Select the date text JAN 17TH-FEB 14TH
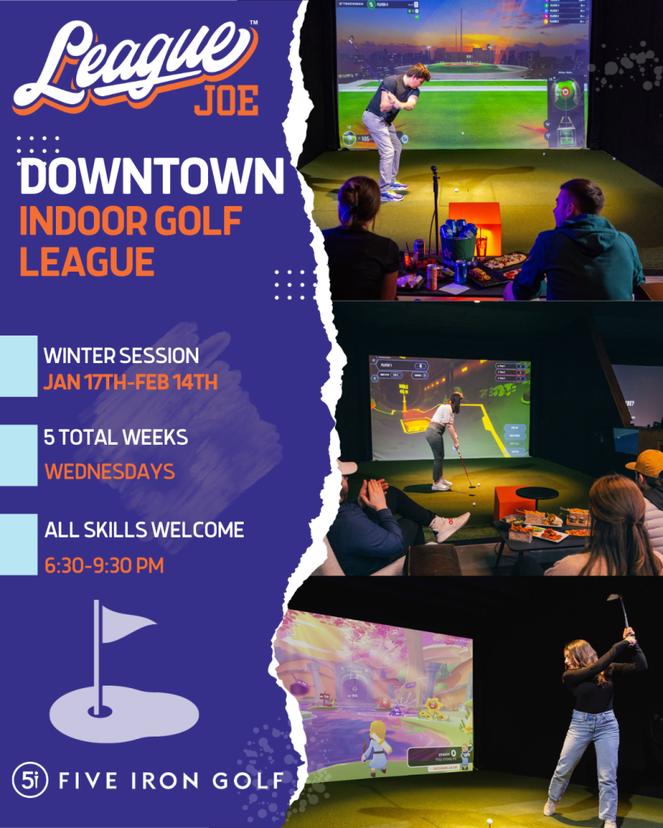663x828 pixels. pos(130,382)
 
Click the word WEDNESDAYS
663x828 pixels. pos(109,471)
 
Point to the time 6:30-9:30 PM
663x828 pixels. pos(104,564)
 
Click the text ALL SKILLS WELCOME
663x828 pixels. pos(144,531)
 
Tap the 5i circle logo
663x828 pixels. pos(28,780)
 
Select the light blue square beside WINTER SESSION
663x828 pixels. pos(18,366)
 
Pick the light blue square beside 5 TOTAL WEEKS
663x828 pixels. pos(18,455)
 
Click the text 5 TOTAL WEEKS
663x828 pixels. pos(116,437)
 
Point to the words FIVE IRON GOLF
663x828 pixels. pos(170,780)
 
